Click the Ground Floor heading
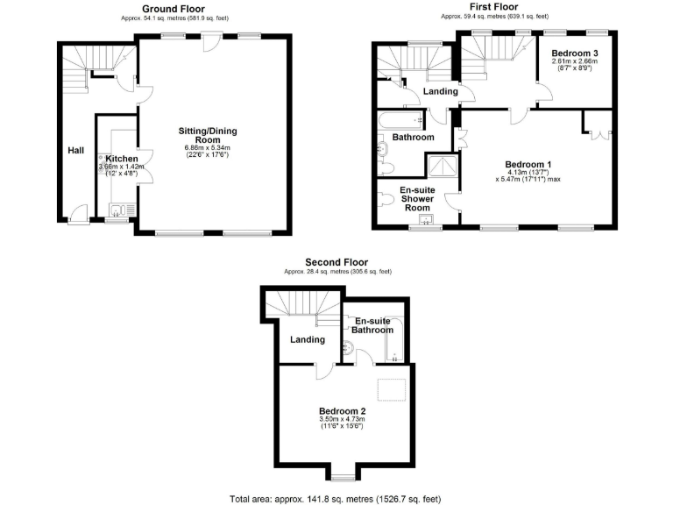[173, 7]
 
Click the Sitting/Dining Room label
[208, 135]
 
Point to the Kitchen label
[122, 158]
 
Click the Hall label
[76, 151]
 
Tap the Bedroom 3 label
[575, 53]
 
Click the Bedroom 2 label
[342, 410]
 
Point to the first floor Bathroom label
[413, 138]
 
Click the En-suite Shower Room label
[417, 199]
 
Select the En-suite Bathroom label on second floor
[373, 326]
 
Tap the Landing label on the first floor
[440, 91]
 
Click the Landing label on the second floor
[307, 339]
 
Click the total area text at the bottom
[335, 498]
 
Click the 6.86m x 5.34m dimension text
[208, 148]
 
